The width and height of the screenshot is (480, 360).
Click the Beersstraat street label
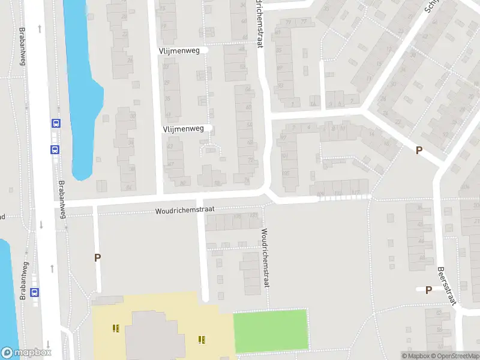447,286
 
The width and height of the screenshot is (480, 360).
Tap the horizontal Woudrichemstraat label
184,211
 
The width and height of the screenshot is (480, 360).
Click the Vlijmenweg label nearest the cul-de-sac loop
183,128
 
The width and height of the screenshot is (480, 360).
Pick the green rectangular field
270,330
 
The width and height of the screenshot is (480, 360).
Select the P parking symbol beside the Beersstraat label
428,290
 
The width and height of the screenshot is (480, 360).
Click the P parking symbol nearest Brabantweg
97,257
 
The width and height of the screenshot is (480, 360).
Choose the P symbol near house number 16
419,151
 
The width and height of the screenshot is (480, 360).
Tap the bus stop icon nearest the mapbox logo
35,293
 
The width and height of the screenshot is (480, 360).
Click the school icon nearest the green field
202,340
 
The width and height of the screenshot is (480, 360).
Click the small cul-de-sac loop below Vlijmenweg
211,149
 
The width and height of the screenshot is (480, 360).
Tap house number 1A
313,104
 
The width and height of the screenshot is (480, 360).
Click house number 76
247,181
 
